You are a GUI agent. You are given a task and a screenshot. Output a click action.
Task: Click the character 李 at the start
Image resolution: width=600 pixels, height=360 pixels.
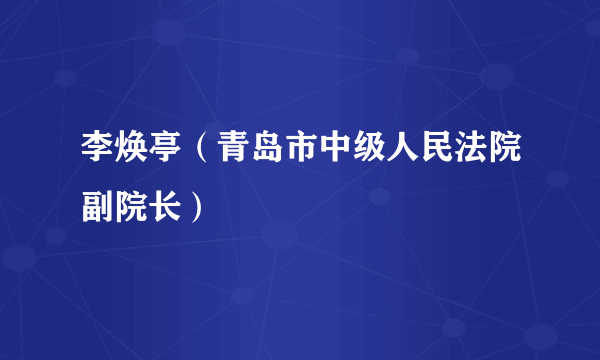98,155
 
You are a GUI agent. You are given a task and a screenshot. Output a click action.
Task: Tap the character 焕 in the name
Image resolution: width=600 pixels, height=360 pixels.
130,155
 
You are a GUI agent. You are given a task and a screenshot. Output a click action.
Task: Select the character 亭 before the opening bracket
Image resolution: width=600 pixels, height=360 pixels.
162,155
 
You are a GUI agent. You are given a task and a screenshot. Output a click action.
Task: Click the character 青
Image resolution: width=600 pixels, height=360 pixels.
226,155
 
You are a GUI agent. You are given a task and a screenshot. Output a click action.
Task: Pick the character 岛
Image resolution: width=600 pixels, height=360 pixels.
258,155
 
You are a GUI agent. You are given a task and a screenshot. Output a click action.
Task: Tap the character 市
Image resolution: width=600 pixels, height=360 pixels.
290,155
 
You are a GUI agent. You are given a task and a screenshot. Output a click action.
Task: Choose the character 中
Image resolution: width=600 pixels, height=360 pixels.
322,155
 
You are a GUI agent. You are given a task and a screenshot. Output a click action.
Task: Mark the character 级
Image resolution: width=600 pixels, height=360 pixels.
354,155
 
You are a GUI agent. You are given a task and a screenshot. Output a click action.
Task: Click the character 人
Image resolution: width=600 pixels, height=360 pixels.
386,155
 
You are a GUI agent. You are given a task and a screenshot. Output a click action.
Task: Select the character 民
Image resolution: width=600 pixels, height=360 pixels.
418,155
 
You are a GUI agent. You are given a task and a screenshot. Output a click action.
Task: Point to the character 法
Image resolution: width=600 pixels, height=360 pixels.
450,155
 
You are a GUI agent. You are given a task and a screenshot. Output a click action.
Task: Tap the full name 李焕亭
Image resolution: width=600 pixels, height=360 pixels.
130,155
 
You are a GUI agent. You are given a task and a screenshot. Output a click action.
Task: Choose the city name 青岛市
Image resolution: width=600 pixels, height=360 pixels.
258,155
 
